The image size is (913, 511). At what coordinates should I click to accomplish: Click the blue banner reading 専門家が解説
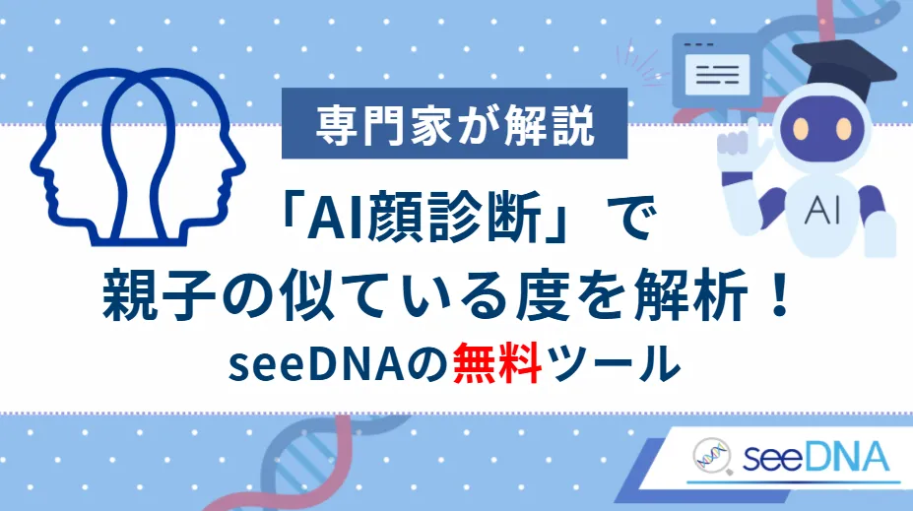click(x=456, y=126)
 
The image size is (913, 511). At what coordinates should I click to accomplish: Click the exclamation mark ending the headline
click(x=777, y=296)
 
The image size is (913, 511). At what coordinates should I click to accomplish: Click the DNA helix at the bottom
click(x=315, y=463)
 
